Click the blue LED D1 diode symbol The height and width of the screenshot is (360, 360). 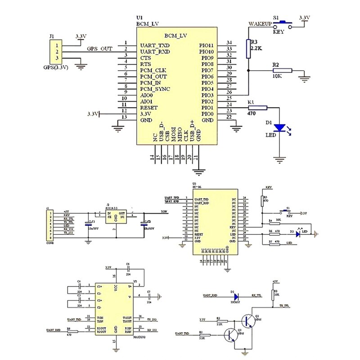(280, 128)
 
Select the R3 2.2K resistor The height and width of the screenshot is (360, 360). (248, 49)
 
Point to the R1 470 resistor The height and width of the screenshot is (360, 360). (257, 108)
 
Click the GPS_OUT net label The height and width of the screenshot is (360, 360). (99, 49)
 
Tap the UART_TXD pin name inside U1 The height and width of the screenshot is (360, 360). (155, 45)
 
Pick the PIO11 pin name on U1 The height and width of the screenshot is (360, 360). (207, 45)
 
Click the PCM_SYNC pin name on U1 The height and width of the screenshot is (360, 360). (155, 89)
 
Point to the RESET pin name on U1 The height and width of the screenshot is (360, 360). (149, 108)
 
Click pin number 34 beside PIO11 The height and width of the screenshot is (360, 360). (229, 42)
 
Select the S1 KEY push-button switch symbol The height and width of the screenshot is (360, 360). (283, 24)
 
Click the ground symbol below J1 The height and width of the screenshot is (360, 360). (81, 67)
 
